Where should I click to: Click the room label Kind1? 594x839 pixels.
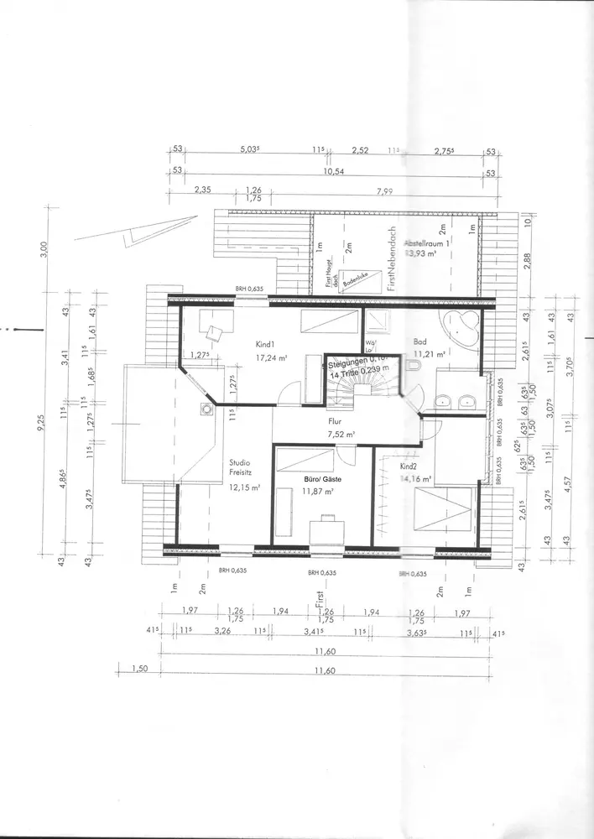[266, 344]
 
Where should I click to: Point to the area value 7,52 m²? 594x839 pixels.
[340, 435]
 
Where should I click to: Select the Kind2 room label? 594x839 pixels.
[409, 466]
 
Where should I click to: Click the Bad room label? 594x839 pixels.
[419, 342]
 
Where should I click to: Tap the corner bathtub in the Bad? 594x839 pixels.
[461, 327]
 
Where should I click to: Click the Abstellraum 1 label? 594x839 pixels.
[429, 241]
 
